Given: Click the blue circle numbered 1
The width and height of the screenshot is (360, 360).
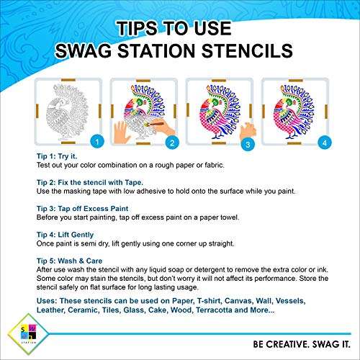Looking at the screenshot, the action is pos(97,142).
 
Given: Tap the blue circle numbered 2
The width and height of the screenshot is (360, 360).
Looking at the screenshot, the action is pos(172,143).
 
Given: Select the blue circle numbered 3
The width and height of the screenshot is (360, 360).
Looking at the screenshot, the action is pos(248,144).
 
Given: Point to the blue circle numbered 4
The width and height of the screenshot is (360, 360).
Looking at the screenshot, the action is pos(325,143).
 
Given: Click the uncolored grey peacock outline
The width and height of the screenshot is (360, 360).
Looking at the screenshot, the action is pos(68,112).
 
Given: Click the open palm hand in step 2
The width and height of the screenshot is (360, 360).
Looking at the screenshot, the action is pos(122,132).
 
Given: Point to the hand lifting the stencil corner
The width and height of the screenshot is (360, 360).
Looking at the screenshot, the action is pos(248,131).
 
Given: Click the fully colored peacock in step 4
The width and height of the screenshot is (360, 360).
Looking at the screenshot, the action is pos(294,112).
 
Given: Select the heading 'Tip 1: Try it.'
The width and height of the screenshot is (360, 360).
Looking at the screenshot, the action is pos(57,156).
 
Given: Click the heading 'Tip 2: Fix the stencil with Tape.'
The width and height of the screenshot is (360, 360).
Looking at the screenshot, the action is pos(90,182).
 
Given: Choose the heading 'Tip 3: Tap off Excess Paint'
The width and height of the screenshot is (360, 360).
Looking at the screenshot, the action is pos(82,209).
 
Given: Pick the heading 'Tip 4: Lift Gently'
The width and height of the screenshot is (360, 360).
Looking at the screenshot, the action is pos(65,235).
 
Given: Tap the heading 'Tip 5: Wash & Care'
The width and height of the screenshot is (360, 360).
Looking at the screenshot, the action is pos(69,261).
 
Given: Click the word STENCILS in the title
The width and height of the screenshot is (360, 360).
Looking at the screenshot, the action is pos(247,51).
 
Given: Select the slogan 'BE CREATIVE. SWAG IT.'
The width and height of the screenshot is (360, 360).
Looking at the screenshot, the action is pos(302,344).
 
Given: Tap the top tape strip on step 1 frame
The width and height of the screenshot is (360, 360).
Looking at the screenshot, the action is pos(68,80).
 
